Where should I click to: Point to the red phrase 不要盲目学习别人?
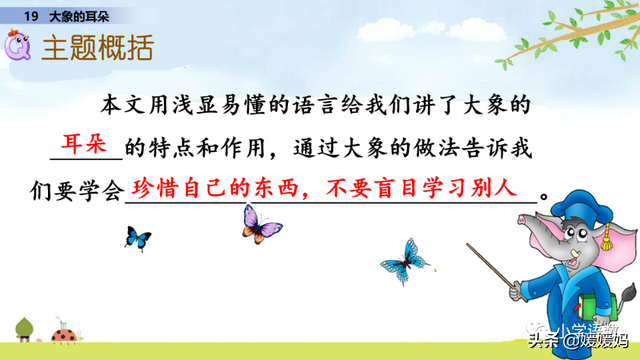(421, 187)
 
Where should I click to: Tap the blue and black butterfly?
(137, 237)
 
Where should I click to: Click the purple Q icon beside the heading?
(19, 47)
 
